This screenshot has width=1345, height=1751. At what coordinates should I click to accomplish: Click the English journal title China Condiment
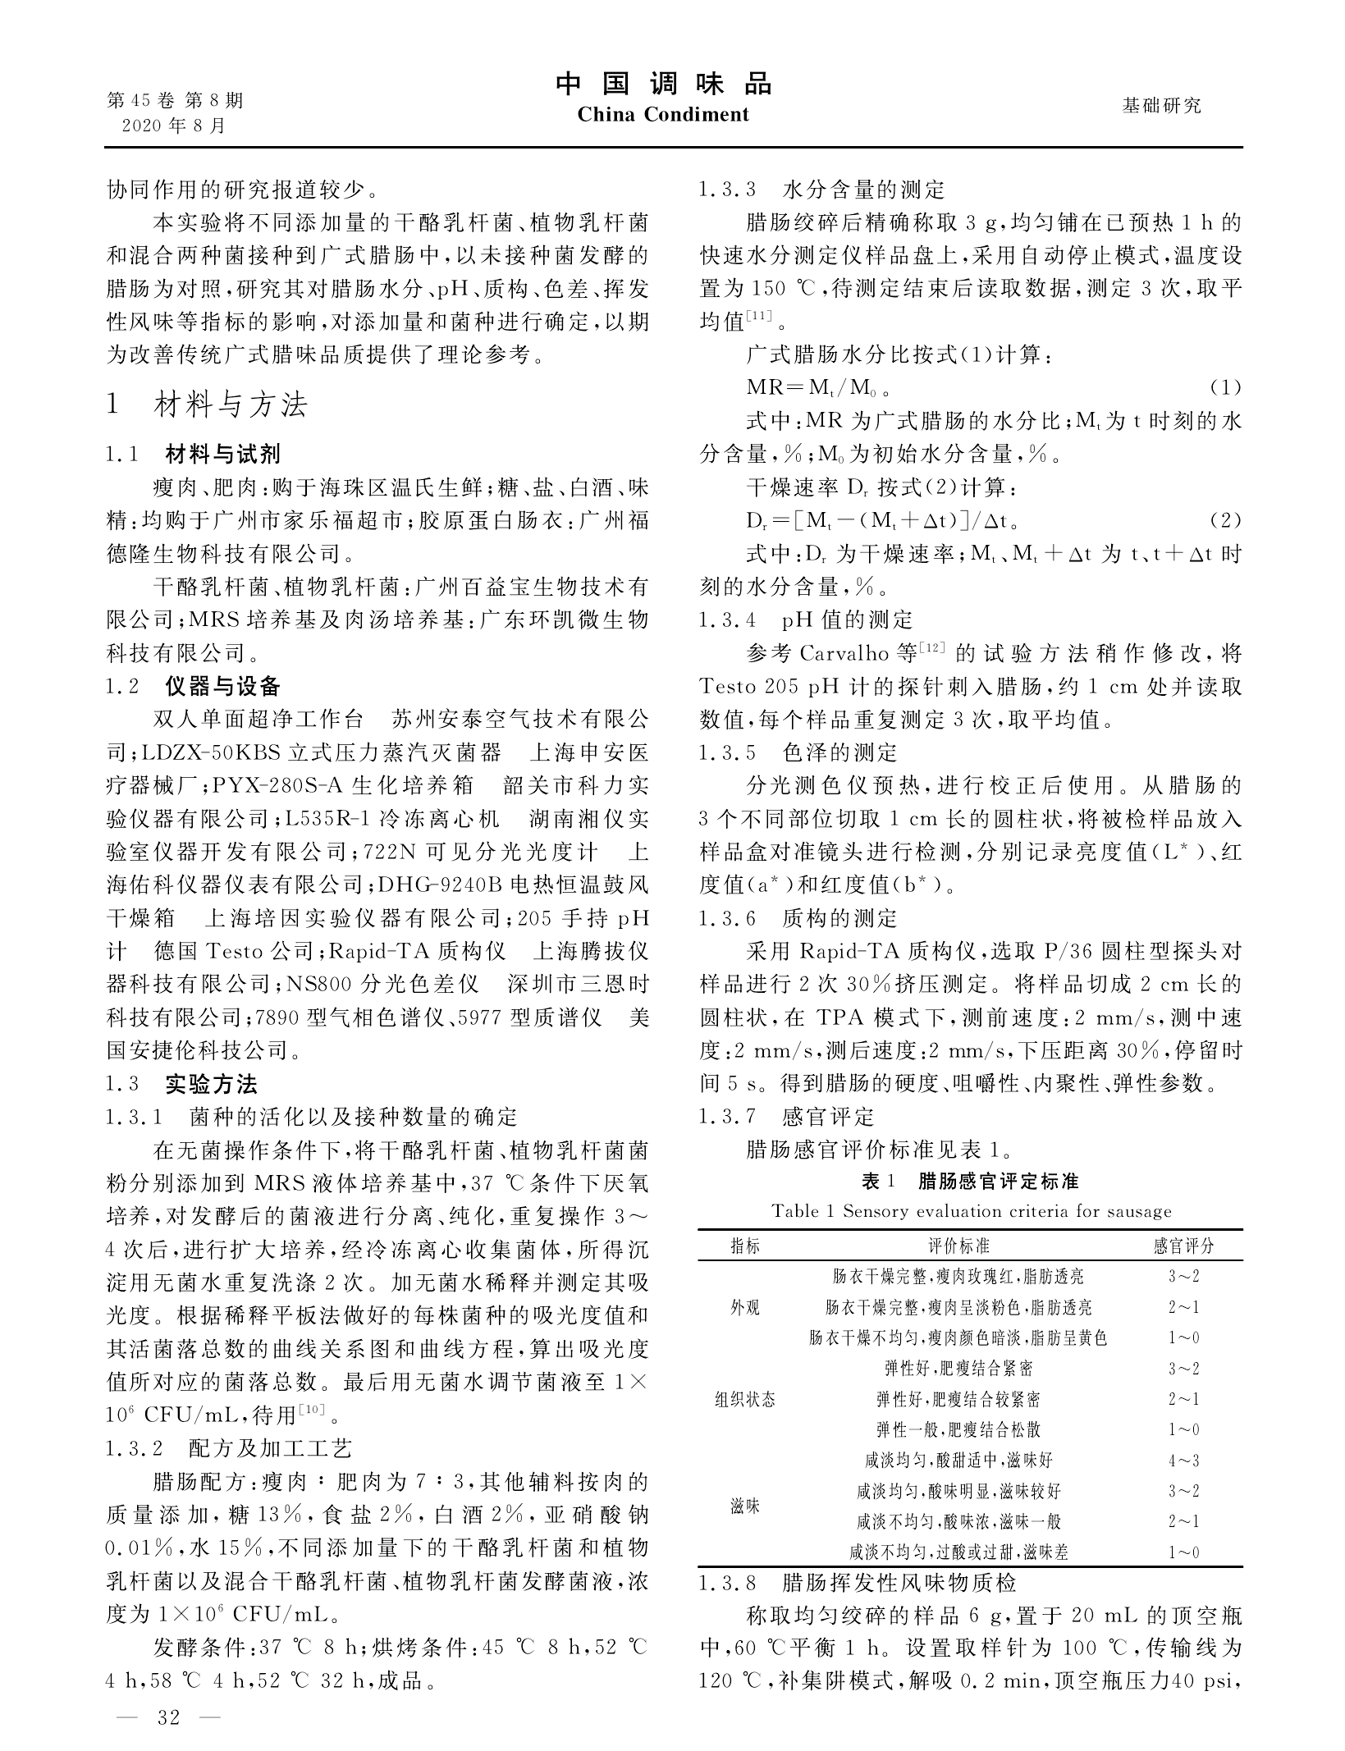click(x=663, y=114)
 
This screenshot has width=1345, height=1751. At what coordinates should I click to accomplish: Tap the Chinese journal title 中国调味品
click(x=663, y=84)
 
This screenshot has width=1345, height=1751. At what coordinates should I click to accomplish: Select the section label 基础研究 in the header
click(x=1161, y=105)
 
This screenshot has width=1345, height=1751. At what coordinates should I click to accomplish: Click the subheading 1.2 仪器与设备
click(x=194, y=686)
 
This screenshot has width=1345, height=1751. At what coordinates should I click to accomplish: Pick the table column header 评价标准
click(x=958, y=1246)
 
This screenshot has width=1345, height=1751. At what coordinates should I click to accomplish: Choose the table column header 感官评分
click(x=1183, y=1246)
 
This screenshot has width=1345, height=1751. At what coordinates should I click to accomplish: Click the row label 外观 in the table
click(x=745, y=1307)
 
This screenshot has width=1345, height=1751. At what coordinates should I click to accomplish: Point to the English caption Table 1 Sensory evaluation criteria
click(x=971, y=1211)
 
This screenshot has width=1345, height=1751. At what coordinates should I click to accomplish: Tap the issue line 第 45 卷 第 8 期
click(x=176, y=100)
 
